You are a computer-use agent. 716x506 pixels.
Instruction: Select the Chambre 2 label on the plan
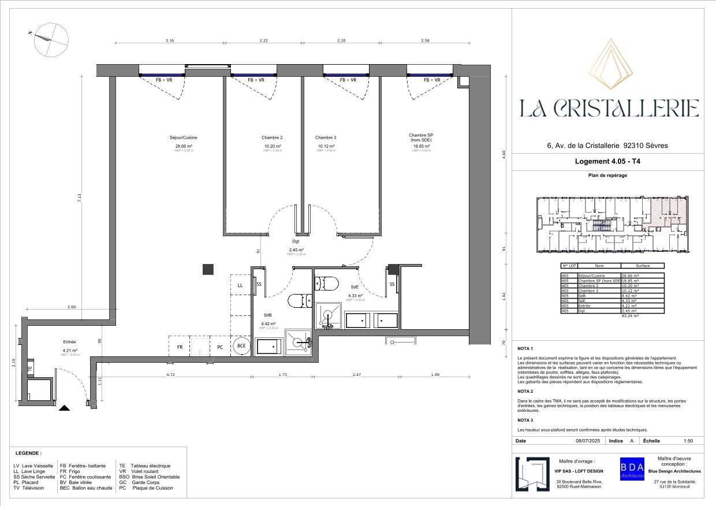point(271,137)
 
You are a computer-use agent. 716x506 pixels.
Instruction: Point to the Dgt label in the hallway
point(296,241)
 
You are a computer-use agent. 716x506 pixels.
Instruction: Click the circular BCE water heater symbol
point(241,347)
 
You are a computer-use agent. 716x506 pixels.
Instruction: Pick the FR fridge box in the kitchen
point(180,347)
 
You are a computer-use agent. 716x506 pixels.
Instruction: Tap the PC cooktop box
point(220,347)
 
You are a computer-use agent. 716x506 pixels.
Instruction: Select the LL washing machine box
point(240,285)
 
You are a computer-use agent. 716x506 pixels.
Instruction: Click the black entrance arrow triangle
point(65,408)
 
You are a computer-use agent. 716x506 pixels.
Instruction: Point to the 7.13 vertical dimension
point(80,196)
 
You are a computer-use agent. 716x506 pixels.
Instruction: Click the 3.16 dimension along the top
point(169,41)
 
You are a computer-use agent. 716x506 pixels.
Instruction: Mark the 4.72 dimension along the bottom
point(170,375)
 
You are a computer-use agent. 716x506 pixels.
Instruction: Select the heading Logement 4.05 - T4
point(608,162)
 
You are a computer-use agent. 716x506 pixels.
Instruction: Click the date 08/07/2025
point(588,441)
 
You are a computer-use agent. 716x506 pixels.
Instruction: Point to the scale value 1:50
point(688,441)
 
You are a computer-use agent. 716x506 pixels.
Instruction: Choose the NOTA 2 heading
point(525,391)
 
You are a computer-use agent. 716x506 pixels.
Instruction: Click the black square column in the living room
point(208,269)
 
